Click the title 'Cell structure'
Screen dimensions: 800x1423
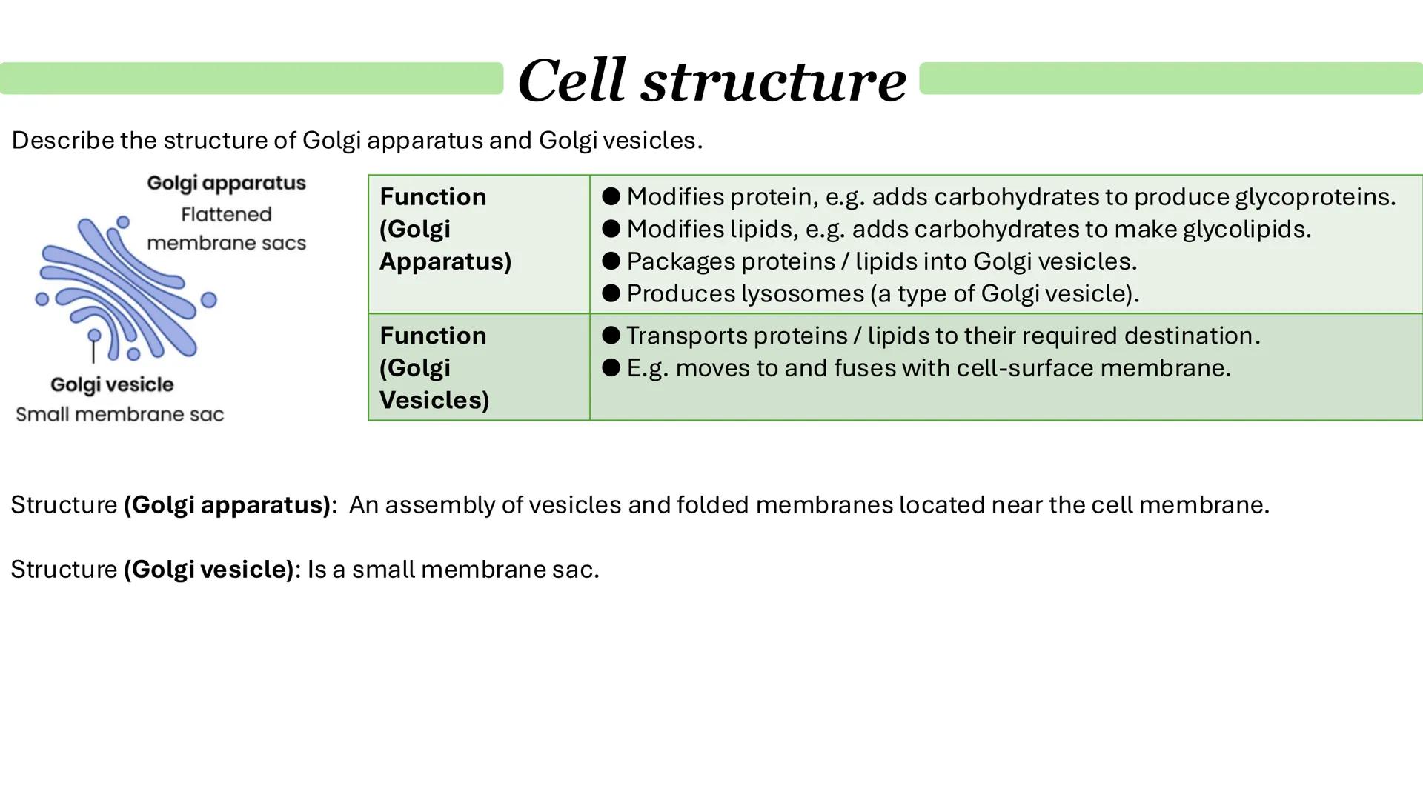(711, 80)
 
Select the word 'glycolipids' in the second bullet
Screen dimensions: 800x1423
(1247, 230)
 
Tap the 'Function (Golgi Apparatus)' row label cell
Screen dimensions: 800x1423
(479, 244)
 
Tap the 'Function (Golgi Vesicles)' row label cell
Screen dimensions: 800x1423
(479, 367)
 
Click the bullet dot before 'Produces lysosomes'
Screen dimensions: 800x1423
(611, 294)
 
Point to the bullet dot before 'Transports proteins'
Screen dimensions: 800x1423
(611, 336)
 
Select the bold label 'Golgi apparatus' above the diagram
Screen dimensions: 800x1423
(226, 184)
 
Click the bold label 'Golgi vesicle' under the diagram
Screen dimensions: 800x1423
(112, 385)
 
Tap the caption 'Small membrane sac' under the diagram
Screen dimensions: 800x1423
(119, 415)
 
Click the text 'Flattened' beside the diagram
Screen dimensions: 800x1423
(226, 215)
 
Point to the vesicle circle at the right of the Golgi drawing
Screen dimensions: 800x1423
(209, 300)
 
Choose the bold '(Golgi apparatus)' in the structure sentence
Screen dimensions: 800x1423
(227, 505)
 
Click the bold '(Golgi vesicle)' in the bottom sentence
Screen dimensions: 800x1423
(209, 570)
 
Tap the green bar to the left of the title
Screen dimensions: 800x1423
(252, 79)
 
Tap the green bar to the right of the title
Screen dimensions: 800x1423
(1171, 79)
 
